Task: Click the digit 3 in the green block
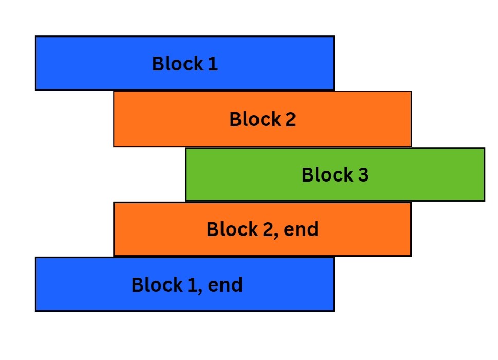coord(363,175)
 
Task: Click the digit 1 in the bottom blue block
coord(192,285)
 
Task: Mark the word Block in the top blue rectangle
coord(177,64)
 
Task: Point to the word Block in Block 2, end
coord(231,229)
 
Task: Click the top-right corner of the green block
coord(484,149)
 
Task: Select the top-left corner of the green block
coord(186,149)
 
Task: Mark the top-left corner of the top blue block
coord(35,37)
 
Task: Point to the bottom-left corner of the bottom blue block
coord(35,311)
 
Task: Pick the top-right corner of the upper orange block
coord(411,92)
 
